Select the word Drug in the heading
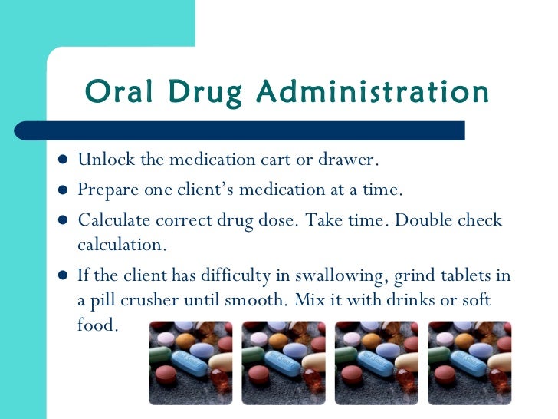tap(201, 92)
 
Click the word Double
tap(428, 221)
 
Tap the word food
tap(97, 324)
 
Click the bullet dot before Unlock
tap(62, 160)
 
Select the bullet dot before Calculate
tap(62, 221)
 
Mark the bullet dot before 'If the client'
tap(62, 275)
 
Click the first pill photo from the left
tap(189, 361)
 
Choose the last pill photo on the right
tap(470, 361)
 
